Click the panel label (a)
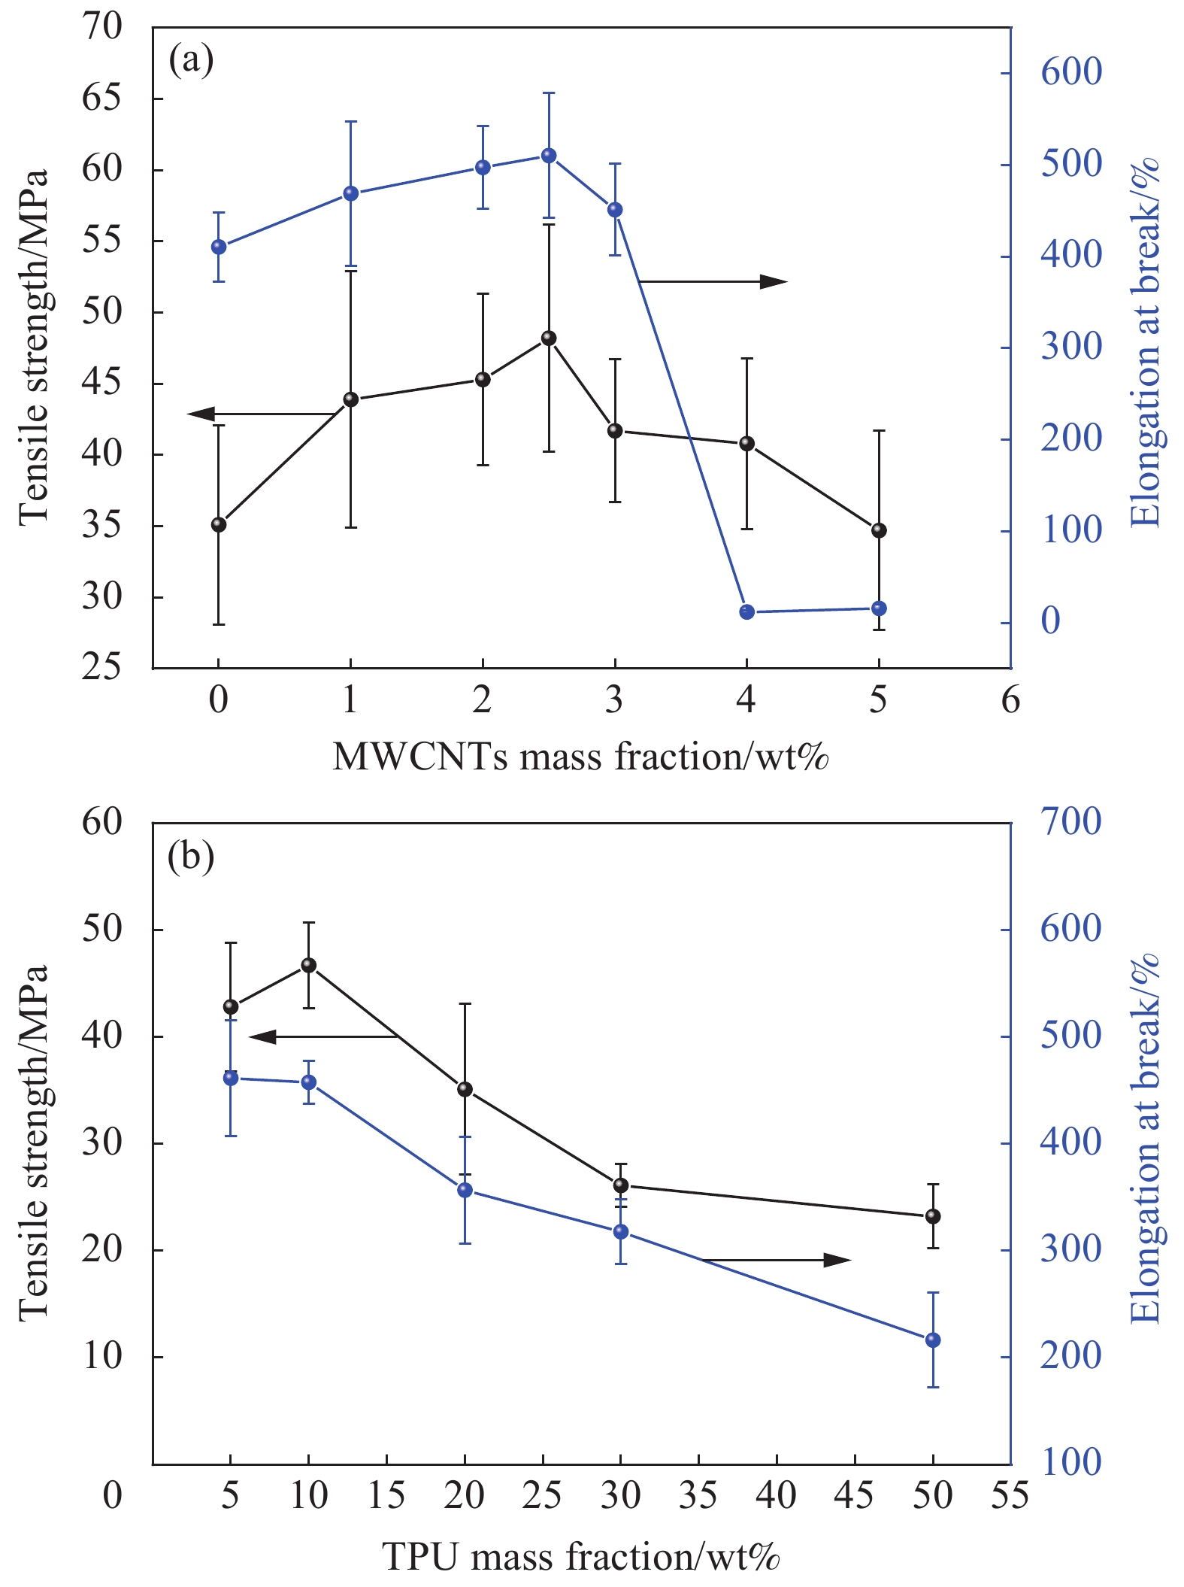point(191,59)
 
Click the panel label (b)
point(191,855)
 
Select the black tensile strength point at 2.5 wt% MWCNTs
point(549,338)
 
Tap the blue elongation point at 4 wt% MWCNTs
point(746,611)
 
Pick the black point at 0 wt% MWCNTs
point(219,524)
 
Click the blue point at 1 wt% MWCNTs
point(350,193)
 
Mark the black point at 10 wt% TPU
point(308,965)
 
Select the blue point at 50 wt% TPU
point(933,1340)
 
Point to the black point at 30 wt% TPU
point(621,1185)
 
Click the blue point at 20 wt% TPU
point(465,1190)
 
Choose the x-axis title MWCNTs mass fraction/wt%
point(580,757)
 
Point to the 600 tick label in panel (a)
point(1070,72)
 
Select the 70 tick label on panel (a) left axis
point(101,27)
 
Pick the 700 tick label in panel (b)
point(1070,821)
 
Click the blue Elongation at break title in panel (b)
point(1146,1139)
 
